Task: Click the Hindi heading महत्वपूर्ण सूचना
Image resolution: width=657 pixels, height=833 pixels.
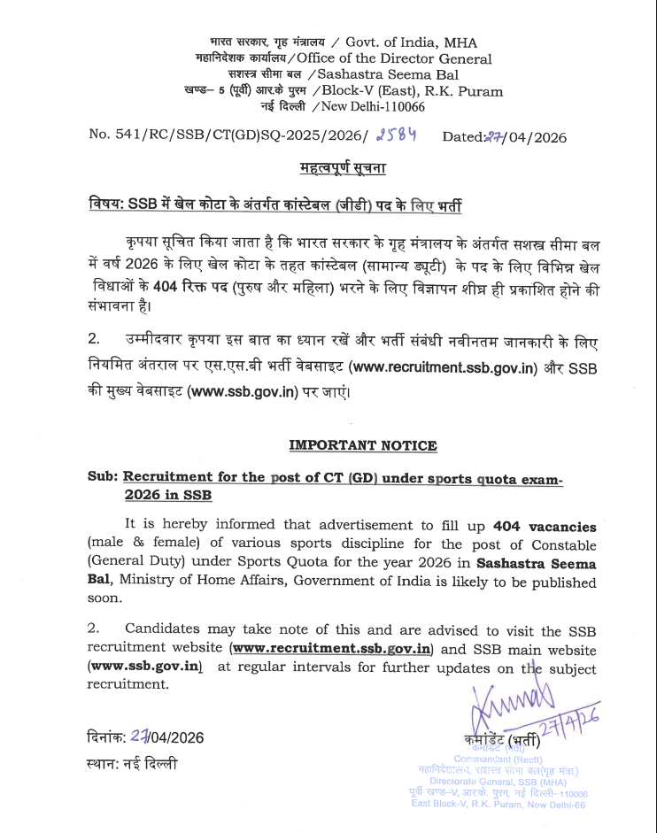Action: (342, 168)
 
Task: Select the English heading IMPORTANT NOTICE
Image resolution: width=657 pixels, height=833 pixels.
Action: (363, 445)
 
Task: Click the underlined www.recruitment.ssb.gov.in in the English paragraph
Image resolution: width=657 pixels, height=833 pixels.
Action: (331, 650)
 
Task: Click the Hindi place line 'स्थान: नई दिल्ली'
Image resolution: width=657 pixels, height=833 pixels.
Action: (132, 763)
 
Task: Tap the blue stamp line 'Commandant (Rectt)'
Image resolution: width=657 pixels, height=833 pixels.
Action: (499, 759)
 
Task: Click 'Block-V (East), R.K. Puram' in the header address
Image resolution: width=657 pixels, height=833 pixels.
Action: (413, 90)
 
